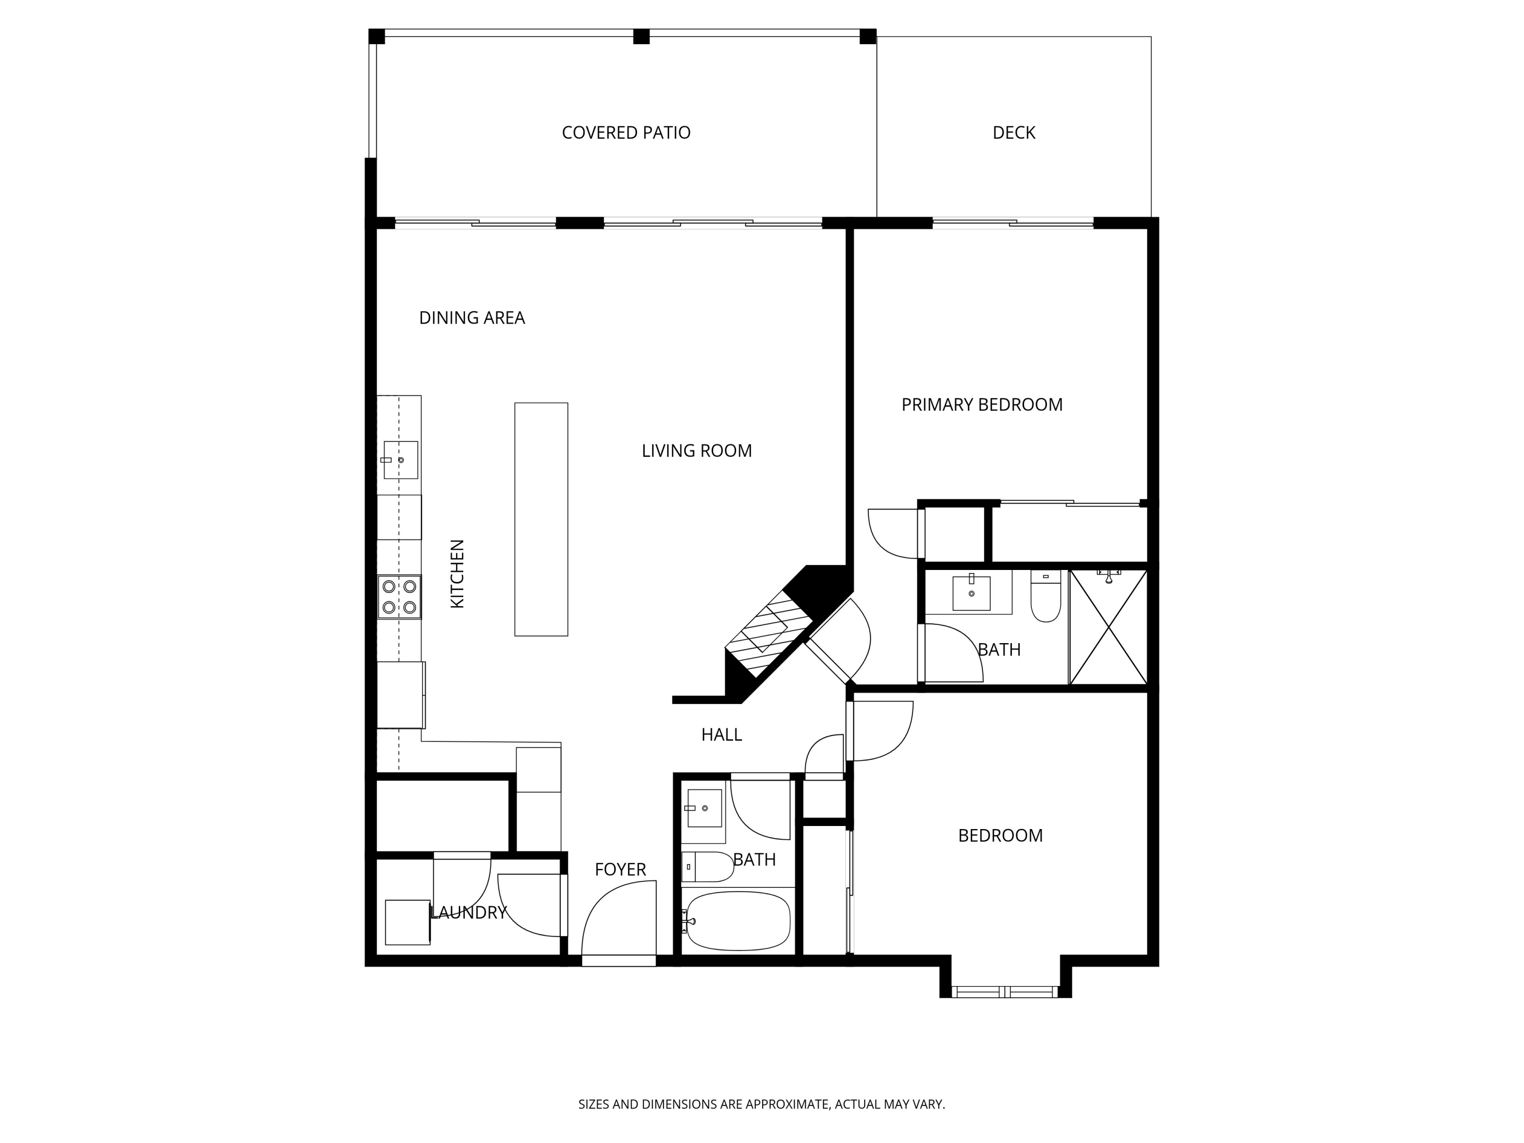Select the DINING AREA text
coord(472,317)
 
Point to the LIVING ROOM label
coord(696,451)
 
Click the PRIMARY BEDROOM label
coord(982,404)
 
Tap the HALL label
coord(721,735)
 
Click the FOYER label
coord(620,870)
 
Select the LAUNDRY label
coord(468,912)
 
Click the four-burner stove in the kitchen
coord(400,597)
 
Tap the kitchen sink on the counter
coord(400,460)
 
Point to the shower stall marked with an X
coord(1108,627)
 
